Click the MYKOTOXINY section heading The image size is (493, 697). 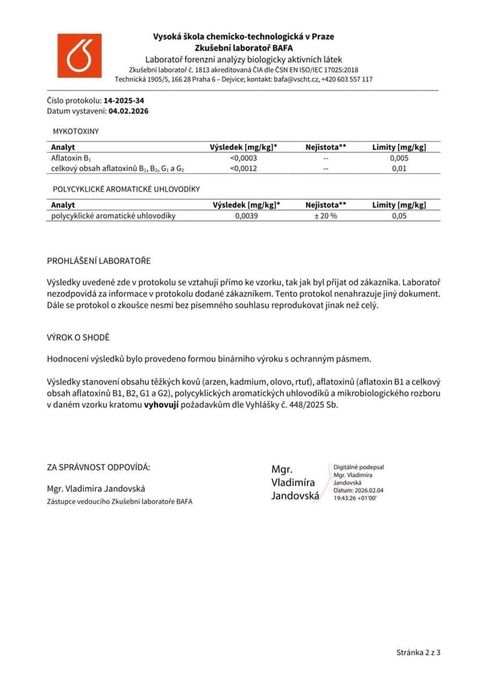coord(76,131)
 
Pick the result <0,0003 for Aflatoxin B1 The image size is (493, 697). coord(243,158)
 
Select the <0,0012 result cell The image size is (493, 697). coord(243,169)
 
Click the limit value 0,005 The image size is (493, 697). coord(399,158)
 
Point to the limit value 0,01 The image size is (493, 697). coord(399,169)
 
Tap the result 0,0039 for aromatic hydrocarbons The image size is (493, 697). coord(246,216)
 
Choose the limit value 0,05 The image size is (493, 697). coord(399,216)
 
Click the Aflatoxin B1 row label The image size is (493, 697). coord(71,158)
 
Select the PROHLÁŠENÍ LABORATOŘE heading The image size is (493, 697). coord(99,261)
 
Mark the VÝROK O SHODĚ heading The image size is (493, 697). coord(78,338)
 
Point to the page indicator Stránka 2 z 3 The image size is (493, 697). coord(418,652)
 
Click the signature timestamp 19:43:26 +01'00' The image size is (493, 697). coord(355,497)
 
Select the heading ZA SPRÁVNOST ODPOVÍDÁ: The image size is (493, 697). coord(99,467)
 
